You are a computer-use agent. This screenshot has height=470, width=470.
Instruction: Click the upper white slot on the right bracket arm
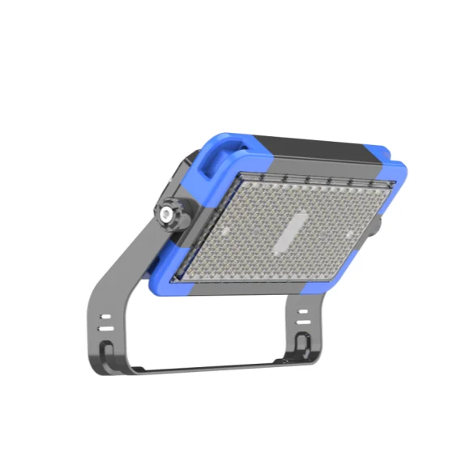(x=301, y=311)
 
